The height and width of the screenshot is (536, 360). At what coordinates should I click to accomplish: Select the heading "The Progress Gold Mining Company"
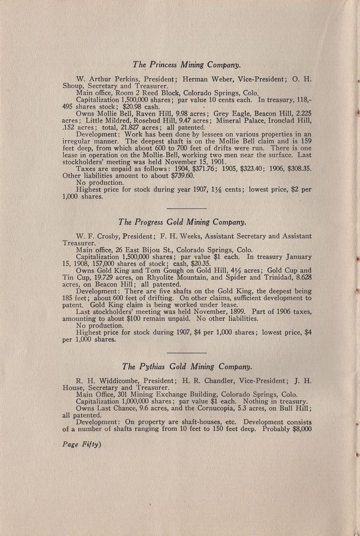(x=182, y=222)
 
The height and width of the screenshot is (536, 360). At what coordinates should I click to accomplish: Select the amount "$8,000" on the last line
(x=297, y=428)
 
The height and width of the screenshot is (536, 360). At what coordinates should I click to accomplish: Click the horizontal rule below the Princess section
(x=185, y=208)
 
